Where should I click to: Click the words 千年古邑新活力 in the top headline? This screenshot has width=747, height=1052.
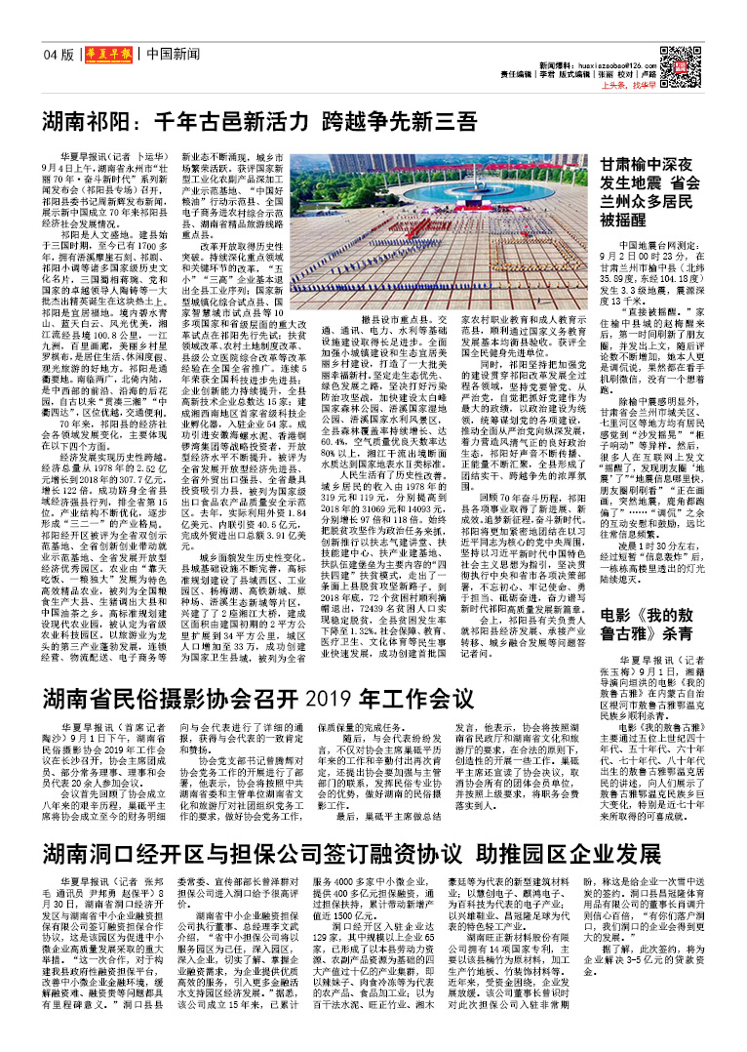[x=235, y=123]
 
